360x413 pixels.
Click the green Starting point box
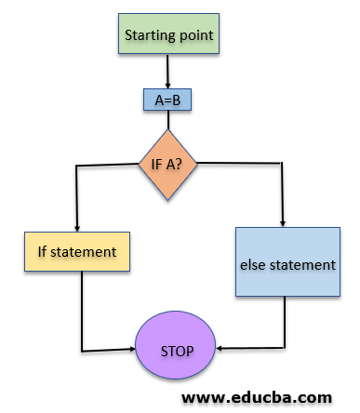168,36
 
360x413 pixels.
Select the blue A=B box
167,100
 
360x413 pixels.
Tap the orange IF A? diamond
168,166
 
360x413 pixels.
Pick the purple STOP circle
176,351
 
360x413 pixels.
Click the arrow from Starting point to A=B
167,72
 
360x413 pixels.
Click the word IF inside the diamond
157,166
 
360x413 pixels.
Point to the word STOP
176,352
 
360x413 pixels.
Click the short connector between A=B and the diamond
167,119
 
